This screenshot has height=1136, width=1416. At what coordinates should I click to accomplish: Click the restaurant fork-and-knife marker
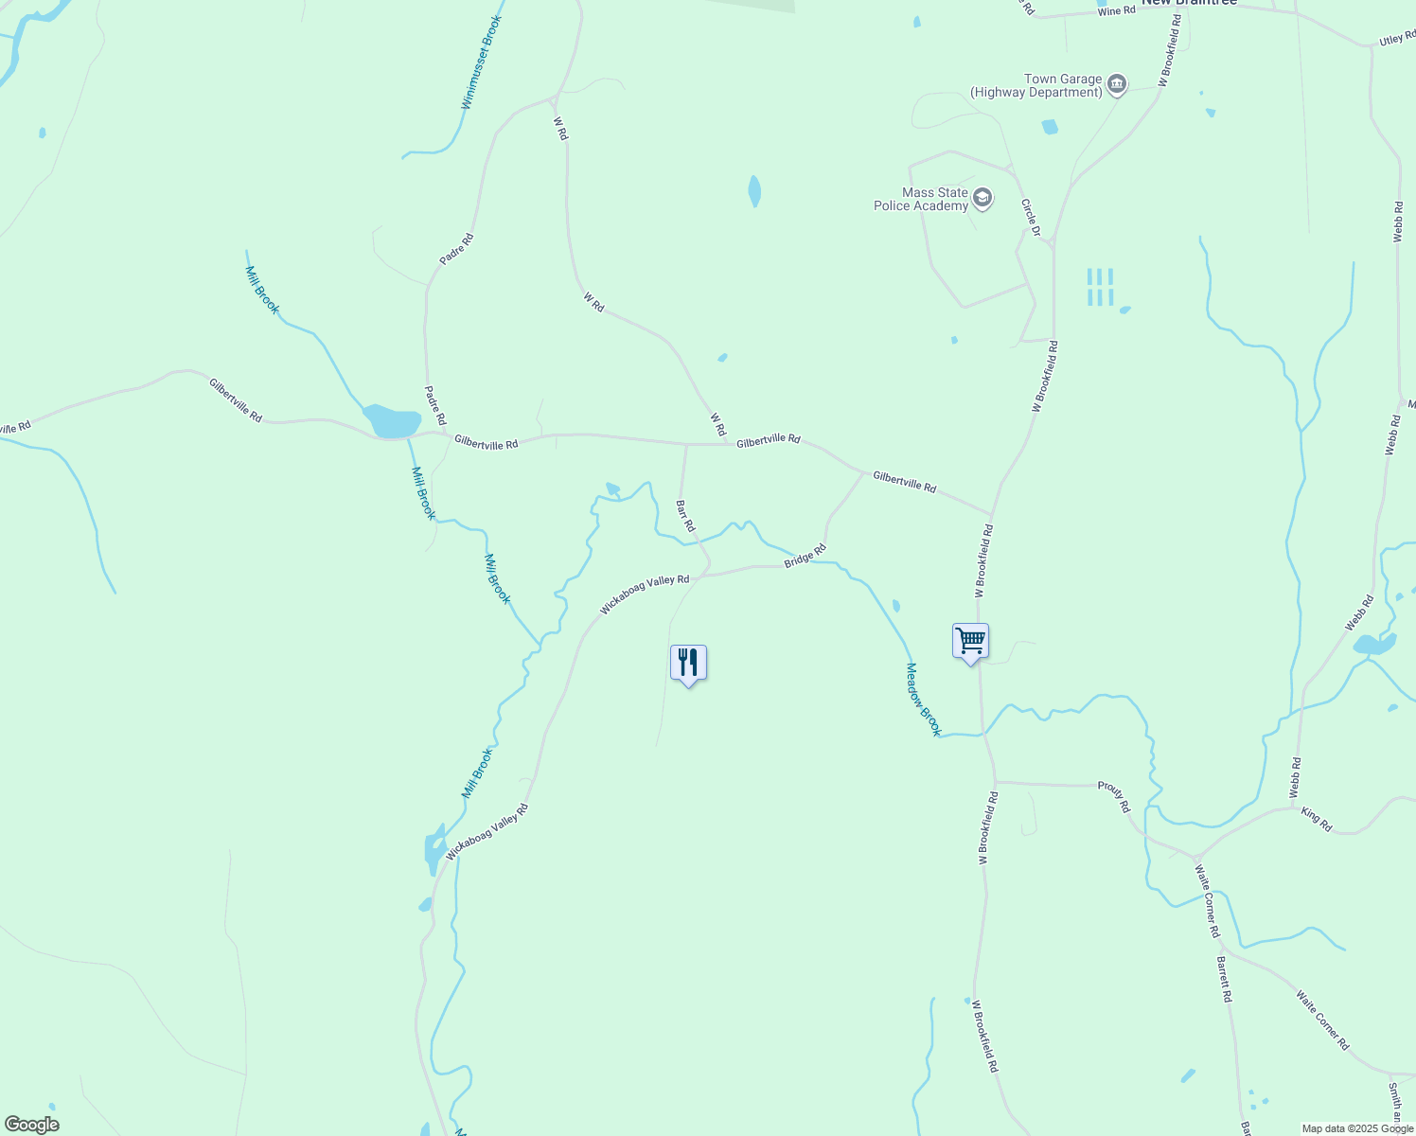[688, 663]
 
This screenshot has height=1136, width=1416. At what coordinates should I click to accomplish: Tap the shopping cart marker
[970, 641]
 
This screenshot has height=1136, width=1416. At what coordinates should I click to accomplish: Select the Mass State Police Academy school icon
[982, 198]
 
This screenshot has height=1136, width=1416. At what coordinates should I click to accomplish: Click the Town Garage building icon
[1117, 85]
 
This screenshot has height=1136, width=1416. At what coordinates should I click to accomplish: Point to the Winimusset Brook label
[482, 62]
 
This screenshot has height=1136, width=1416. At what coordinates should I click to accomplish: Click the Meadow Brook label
[924, 699]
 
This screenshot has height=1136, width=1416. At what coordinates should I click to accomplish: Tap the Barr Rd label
[685, 515]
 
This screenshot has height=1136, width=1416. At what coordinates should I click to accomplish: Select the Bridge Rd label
[805, 556]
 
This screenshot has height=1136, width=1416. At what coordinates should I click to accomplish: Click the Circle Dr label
[1031, 218]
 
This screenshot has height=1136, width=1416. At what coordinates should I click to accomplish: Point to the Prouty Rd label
[1114, 797]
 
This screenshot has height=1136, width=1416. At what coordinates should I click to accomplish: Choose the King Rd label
[1317, 820]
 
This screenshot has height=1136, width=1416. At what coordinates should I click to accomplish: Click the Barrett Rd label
[1224, 979]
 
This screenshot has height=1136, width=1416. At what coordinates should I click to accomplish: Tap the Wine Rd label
[1116, 10]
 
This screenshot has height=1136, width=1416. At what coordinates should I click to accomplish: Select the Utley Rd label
[1396, 39]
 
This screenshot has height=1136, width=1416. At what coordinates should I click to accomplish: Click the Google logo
[31, 1125]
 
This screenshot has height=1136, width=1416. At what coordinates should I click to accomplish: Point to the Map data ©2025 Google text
[1357, 1128]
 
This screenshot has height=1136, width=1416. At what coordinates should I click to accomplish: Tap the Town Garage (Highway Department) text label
[1036, 86]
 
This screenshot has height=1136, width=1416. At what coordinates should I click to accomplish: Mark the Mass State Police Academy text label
[921, 199]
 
